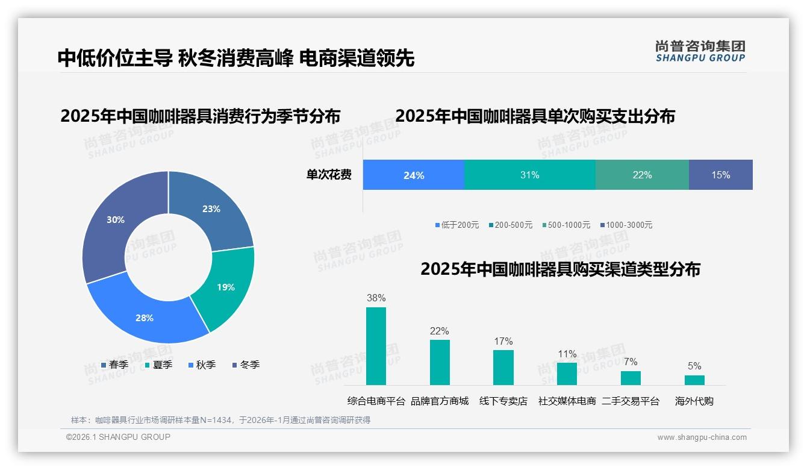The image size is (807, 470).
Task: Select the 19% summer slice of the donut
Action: coord(226,287)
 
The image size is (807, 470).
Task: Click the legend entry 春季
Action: coord(114,365)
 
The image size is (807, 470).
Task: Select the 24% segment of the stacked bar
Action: coord(414,175)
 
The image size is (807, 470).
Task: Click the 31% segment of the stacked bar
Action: coord(529,175)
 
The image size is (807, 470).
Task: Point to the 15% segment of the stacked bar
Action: coord(720,175)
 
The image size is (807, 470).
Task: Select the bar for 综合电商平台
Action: coord(376,346)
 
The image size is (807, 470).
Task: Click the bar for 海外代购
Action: coord(694,380)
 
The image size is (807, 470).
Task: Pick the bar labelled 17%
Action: coord(503,367)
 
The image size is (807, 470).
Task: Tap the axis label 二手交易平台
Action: coord(631,401)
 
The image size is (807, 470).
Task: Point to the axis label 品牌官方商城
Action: coord(440,401)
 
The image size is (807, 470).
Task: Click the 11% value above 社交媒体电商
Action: coord(567,354)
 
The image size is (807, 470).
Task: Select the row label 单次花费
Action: coord(329,175)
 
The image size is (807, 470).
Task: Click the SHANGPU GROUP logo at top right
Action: coord(700,51)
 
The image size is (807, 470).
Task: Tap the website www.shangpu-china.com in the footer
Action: coord(702,437)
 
